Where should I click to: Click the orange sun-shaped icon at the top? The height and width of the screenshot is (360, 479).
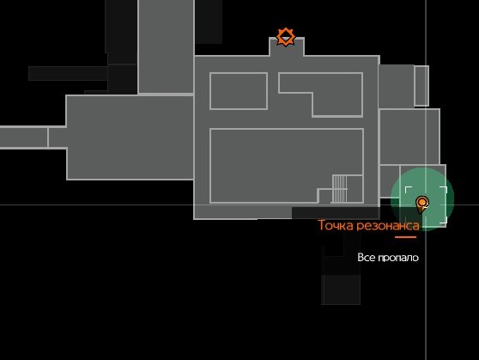[x=286, y=37]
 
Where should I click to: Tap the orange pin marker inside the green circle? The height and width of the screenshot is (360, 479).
[x=422, y=204]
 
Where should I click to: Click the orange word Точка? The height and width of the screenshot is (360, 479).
[x=336, y=225]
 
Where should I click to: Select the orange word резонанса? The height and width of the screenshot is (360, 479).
[x=388, y=226]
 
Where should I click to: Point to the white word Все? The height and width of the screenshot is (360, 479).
[x=366, y=258]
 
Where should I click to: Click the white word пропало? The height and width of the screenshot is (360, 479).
[x=398, y=258]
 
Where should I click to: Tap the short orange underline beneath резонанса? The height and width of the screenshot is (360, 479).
[x=405, y=237]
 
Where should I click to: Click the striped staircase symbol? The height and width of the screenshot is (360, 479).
[x=339, y=189]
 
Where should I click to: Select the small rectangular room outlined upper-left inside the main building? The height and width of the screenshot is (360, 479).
[x=239, y=91]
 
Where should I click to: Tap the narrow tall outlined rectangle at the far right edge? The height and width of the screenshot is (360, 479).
[x=421, y=86]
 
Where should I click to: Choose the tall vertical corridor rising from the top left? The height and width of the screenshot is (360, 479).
[x=166, y=46]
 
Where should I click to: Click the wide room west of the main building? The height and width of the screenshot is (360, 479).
[x=130, y=137]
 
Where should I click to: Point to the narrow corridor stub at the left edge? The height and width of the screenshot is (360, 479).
[x=24, y=137]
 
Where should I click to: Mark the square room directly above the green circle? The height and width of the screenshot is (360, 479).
[x=409, y=137]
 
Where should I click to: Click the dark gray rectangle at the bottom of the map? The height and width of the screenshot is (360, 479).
[x=341, y=290]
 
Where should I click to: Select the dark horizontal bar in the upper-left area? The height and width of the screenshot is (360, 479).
[x=68, y=73]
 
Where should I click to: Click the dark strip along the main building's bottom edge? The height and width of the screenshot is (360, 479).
[x=336, y=213]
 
